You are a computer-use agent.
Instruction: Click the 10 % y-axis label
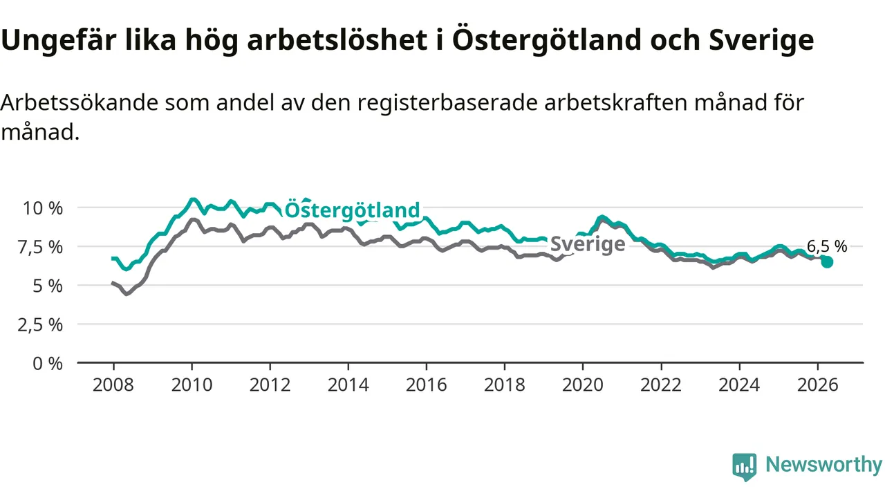pos(43,208)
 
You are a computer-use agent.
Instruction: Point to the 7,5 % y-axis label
pos(40,248)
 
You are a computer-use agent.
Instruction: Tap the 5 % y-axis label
pos(48,286)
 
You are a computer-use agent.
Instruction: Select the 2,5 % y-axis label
pos(40,325)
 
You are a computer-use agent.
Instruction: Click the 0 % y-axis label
pos(48,364)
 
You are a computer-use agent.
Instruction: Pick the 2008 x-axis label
pos(113,385)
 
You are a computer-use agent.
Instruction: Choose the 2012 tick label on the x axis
pos(270,385)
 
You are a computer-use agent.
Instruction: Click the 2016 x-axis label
pos(427,385)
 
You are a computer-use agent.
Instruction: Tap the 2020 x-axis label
pos(583,385)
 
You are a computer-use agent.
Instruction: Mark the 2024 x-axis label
pos(739,385)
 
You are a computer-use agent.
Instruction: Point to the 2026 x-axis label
pos(817,385)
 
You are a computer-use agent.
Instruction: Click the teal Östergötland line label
pos(352,210)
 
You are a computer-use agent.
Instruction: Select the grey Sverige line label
pos(588,244)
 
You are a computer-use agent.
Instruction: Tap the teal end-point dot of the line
pos(827,262)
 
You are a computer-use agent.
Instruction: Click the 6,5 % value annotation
pos(827,247)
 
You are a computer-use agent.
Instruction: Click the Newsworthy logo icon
pos(745,467)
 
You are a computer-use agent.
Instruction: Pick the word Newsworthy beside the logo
pos(823,465)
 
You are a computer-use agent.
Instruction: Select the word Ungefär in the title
pos(59,41)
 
